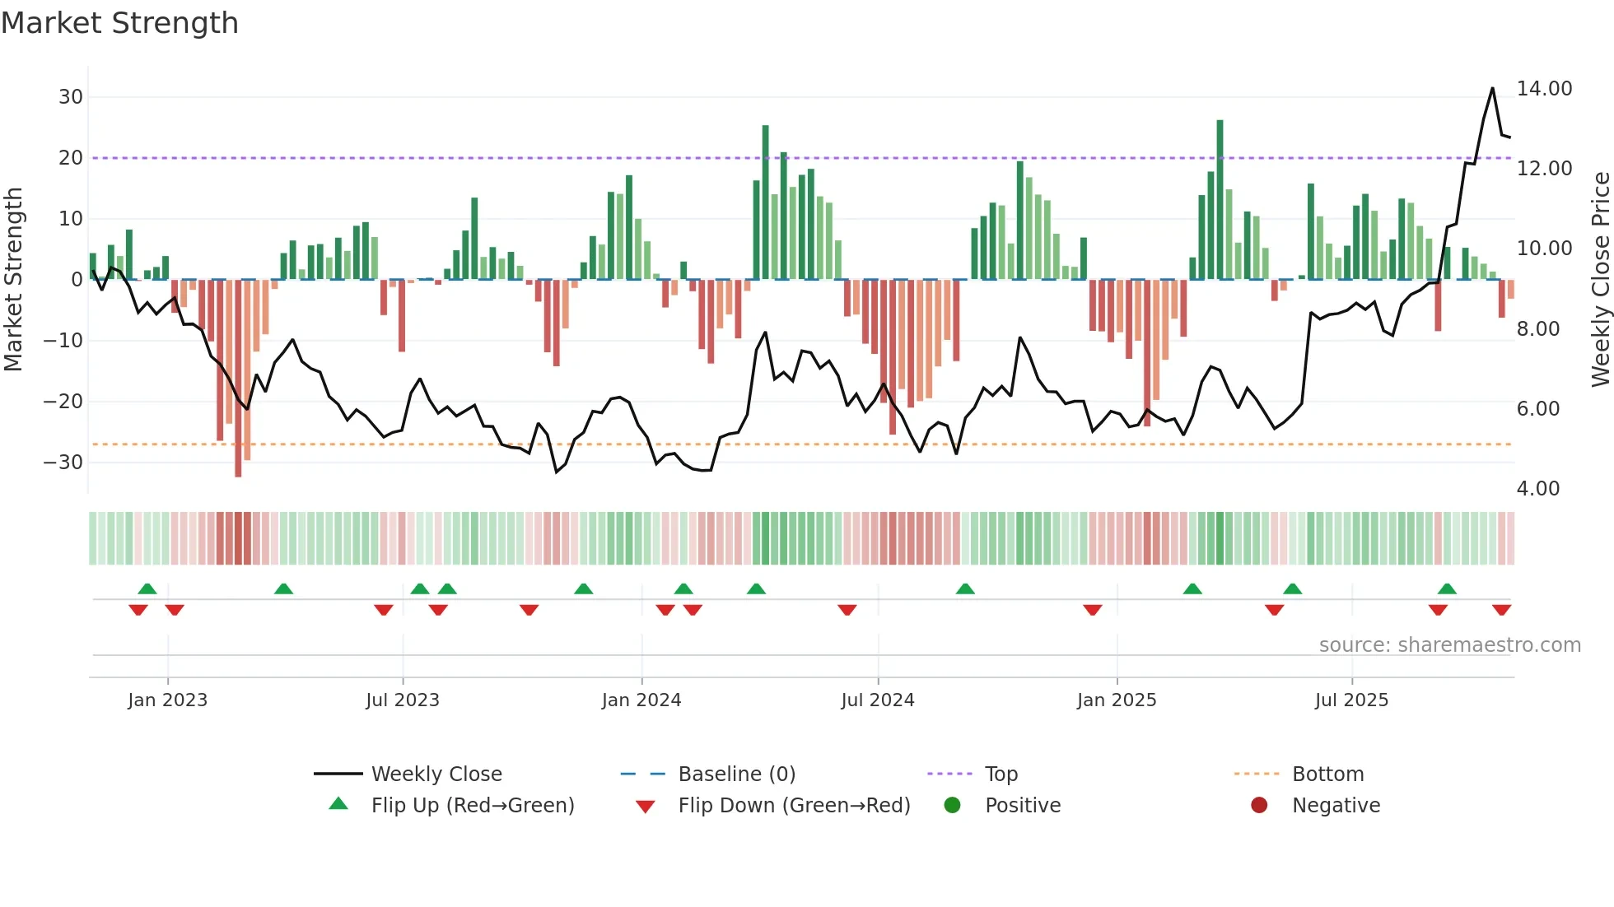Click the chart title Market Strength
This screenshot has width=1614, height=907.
[119, 23]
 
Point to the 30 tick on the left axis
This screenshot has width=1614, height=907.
[71, 97]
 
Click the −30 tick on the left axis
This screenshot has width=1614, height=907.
[64, 463]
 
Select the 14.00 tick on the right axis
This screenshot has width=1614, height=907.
[1544, 89]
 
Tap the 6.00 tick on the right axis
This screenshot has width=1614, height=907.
[1537, 409]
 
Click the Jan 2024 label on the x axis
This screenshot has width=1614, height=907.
[641, 700]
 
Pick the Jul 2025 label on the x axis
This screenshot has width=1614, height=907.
[1351, 700]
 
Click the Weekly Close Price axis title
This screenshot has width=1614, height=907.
[1600, 280]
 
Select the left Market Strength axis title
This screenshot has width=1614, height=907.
[13, 280]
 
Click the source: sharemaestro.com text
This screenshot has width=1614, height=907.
[1449, 645]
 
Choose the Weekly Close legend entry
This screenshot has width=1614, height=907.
[436, 774]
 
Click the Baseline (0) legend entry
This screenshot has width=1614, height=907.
[736, 774]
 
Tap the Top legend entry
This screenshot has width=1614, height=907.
[1001, 774]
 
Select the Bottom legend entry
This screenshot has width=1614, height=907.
[1327, 774]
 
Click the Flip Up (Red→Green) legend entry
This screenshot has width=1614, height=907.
[472, 806]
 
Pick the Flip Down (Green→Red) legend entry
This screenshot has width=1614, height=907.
[794, 806]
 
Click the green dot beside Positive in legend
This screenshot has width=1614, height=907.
[952, 806]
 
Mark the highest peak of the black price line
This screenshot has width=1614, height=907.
[1492, 88]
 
